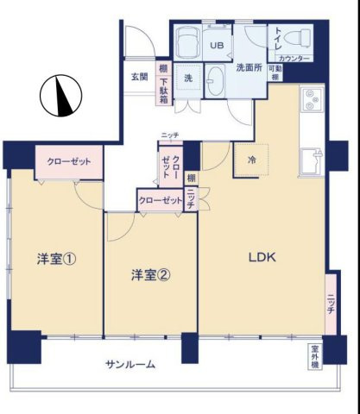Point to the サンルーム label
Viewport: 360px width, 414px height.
[x=130, y=364]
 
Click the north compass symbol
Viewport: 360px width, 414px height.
[x=59, y=97]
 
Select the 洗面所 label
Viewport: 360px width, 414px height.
[x=249, y=68]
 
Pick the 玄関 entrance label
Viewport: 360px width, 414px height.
[x=139, y=77]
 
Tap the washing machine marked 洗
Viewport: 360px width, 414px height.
[x=188, y=75]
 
